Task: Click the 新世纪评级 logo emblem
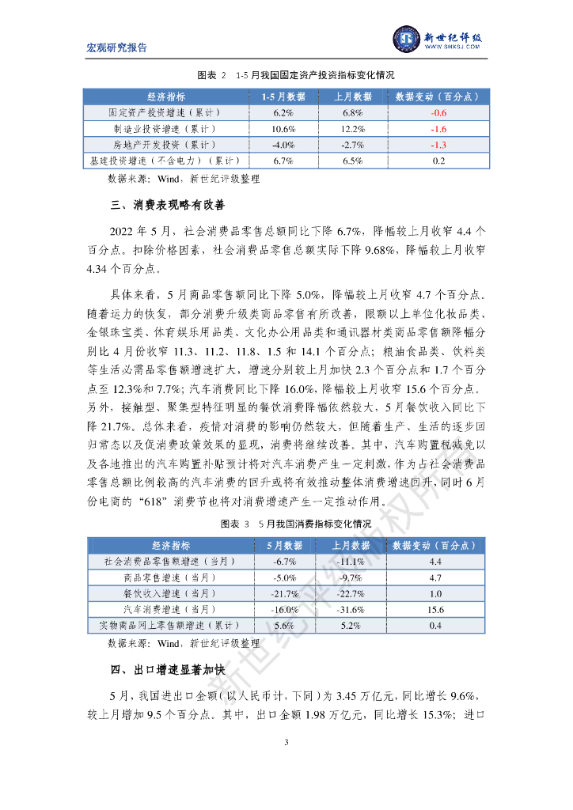[407, 38]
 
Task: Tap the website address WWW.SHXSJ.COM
[453, 47]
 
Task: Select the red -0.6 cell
[438, 113]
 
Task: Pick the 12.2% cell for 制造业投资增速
[352, 129]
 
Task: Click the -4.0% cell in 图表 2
[283, 145]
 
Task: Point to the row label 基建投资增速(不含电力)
[166, 161]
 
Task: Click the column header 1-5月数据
[283, 97]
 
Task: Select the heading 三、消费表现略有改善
[168, 206]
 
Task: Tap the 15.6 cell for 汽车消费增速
[435, 610]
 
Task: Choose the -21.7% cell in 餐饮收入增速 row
[284, 593]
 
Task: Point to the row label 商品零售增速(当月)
[165, 577]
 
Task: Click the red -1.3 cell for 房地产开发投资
[438, 145]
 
